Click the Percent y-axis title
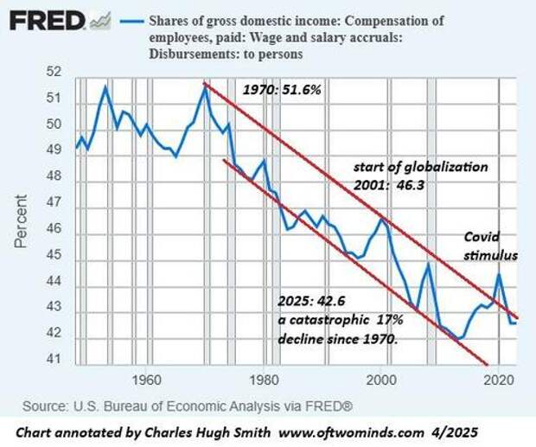click(x=20, y=220)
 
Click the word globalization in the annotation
click(x=444, y=166)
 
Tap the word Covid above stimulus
click(x=482, y=238)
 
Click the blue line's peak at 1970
click(x=205, y=85)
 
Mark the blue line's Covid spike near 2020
click(x=499, y=275)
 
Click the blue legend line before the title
click(x=131, y=19)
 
